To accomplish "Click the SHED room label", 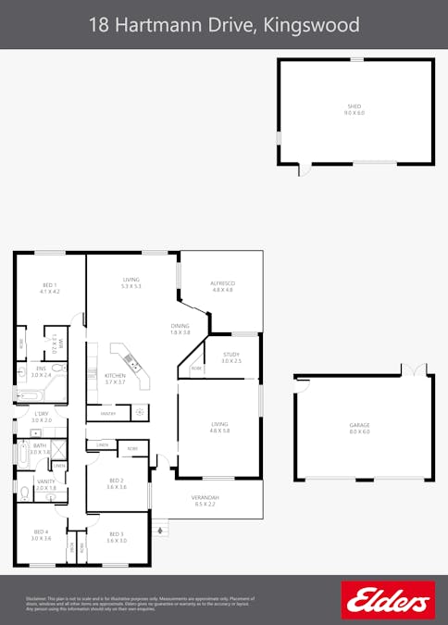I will (355, 106).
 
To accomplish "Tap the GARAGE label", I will (359, 425).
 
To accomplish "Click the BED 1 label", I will (50, 284).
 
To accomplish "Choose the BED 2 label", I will (117, 480).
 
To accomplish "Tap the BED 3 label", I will (116, 533).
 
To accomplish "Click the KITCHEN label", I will (115, 375).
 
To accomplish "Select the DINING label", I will (180, 325).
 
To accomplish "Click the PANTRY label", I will (107, 413).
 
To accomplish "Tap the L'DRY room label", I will (41, 414).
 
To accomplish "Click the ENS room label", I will (40, 369).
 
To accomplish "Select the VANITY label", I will (45, 481).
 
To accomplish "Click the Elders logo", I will (387, 600).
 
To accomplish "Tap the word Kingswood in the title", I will (312, 24).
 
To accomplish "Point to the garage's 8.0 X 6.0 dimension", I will (359, 431).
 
